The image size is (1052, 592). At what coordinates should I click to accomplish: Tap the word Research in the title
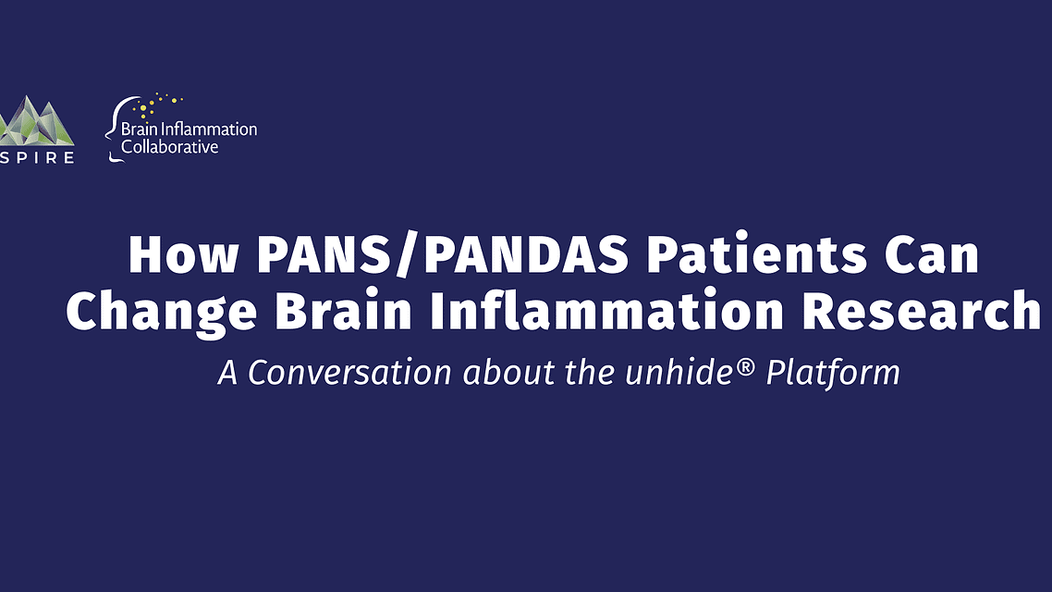(x=921, y=312)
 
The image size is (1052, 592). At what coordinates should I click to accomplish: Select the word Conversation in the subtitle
(x=350, y=372)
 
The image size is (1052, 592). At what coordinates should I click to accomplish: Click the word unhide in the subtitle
(x=686, y=372)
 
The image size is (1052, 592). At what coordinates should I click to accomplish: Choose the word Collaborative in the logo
(x=170, y=146)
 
